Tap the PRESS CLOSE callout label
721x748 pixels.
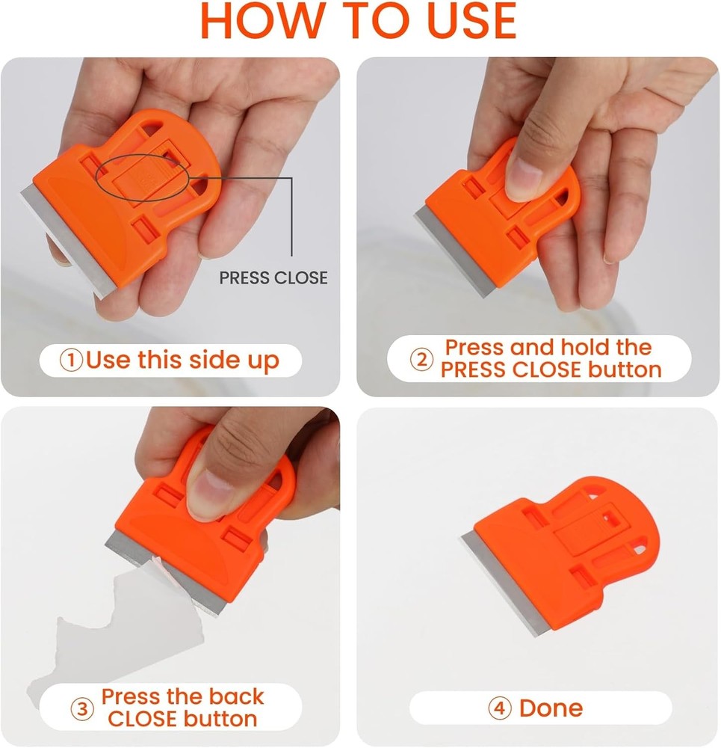point(273,278)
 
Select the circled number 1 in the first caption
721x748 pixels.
point(71,361)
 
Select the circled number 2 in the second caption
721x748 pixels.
point(422,359)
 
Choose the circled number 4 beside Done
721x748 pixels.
point(499,708)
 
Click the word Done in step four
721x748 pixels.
point(551,708)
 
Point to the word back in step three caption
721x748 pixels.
point(238,696)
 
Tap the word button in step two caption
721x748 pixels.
point(625,370)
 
